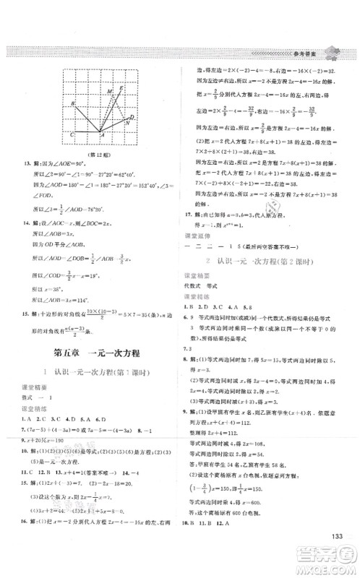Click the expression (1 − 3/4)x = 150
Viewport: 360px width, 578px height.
[x=220, y=496]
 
